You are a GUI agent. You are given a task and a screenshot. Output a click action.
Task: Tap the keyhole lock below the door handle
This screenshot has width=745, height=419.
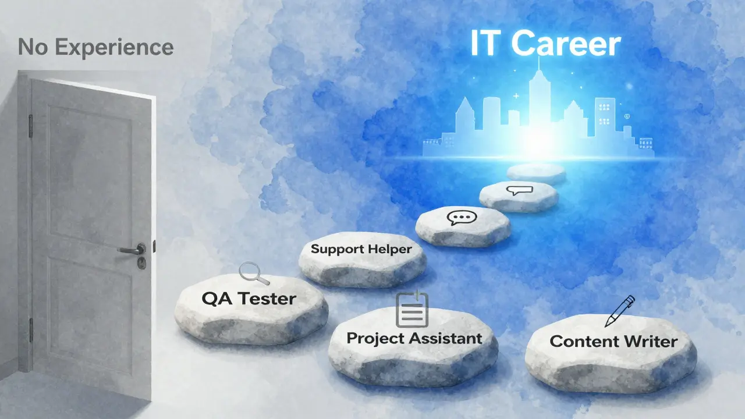141,262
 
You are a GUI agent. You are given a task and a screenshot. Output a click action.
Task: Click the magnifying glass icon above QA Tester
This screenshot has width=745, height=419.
254,274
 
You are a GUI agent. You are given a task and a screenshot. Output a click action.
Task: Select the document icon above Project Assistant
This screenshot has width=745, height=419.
411,310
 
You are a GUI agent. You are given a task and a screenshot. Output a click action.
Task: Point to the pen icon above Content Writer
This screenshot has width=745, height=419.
620,311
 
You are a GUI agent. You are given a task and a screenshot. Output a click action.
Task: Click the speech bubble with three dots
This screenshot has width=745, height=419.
462,218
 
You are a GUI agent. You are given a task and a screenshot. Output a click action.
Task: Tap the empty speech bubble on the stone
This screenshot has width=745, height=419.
519,190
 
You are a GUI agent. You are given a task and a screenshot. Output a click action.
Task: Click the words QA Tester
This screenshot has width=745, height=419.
249,299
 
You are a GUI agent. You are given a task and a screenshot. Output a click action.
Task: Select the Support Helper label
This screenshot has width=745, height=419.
361,249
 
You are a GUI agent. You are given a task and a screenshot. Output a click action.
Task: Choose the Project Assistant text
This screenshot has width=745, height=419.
414,339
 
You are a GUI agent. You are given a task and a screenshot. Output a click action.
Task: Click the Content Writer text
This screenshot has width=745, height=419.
613,342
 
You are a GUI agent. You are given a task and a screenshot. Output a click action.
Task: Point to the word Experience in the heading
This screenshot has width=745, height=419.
114,48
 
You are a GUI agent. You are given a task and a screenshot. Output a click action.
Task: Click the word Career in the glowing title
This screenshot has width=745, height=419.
566,44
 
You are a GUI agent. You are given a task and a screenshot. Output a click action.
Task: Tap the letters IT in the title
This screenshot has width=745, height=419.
487,44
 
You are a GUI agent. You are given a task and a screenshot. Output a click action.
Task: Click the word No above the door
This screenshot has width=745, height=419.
32,47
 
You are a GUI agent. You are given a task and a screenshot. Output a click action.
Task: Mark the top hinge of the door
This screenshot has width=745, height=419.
30,126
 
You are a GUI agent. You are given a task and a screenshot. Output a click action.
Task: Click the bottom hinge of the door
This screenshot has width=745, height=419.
31,330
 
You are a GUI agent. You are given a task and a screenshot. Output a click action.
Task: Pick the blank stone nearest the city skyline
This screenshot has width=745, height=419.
536,173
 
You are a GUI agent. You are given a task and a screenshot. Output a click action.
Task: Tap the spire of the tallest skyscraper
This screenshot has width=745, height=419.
539,65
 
